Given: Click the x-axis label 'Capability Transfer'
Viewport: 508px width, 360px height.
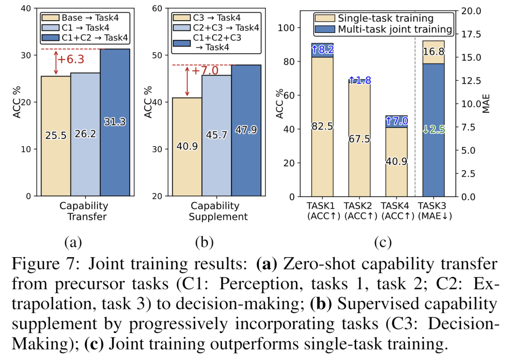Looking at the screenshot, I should pyautogui.click(x=84, y=211).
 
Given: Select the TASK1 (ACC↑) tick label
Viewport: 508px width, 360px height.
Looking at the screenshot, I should pyautogui.click(x=322, y=211).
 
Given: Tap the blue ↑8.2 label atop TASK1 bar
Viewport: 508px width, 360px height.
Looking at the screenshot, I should pyautogui.click(x=322, y=49).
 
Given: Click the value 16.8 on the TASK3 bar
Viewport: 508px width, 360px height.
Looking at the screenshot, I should pyautogui.click(x=433, y=52).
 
